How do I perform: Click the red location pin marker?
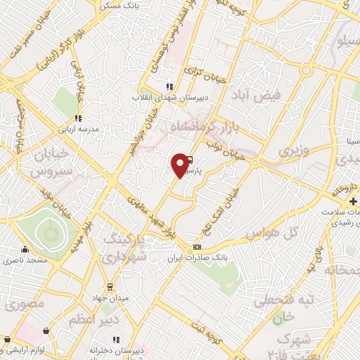click(181, 165)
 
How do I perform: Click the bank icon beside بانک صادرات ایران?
click(197, 247)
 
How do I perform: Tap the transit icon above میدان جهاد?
click(110, 286)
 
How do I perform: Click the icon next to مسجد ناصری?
click(25, 249)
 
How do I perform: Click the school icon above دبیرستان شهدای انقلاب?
click(169, 86)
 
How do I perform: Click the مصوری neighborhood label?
click(25, 304)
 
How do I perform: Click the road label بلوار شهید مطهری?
click(151, 216)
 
